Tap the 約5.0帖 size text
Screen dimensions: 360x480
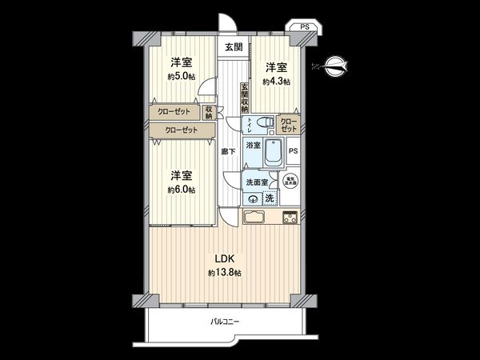click(180, 77)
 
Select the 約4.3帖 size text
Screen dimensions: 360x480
click(278, 82)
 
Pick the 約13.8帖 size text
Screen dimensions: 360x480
click(225, 274)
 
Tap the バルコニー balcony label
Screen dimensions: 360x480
click(225, 322)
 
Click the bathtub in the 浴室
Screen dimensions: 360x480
click(272, 151)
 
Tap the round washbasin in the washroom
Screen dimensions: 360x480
click(253, 200)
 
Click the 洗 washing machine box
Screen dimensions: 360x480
click(270, 198)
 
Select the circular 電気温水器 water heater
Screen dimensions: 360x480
click(288, 181)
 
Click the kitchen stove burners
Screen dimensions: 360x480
click(289, 216)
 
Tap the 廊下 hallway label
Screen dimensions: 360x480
click(227, 150)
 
